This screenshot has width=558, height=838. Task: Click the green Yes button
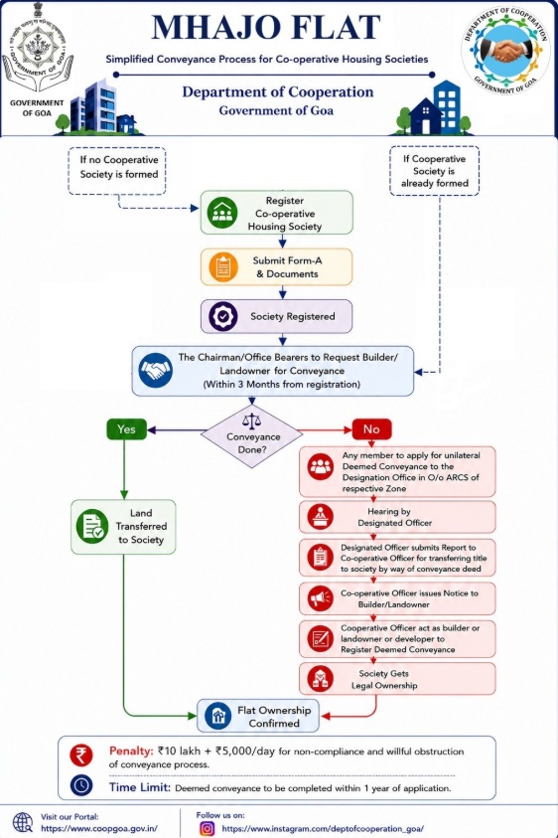[x=126, y=429]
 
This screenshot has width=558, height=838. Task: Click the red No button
[x=371, y=429]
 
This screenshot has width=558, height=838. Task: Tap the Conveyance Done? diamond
[x=252, y=436]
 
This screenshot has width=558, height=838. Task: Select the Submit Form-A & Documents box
[x=277, y=266]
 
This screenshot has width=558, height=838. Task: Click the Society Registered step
[x=277, y=316]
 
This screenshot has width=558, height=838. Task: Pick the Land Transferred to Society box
[x=123, y=527]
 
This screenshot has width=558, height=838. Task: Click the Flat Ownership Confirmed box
[x=258, y=716]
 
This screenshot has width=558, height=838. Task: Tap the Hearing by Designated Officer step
[x=397, y=517]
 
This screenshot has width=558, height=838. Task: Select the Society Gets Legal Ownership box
[x=397, y=679]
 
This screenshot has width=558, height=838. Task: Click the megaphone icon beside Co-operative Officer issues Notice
[x=321, y=598]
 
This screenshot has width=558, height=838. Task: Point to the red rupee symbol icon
[x=80, y=755]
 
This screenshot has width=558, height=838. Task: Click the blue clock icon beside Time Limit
[x=81, y=785]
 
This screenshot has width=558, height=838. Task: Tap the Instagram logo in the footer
[x=208, y=828]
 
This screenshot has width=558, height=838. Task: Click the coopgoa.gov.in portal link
[x=98, y=828]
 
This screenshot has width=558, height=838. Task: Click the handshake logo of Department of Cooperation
[x=506, y=50]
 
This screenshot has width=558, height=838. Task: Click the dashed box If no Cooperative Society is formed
[x=117, y=171]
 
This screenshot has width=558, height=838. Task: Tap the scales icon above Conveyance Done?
[x=251, y=420]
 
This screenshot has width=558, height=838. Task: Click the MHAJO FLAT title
[x=266, y=27]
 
